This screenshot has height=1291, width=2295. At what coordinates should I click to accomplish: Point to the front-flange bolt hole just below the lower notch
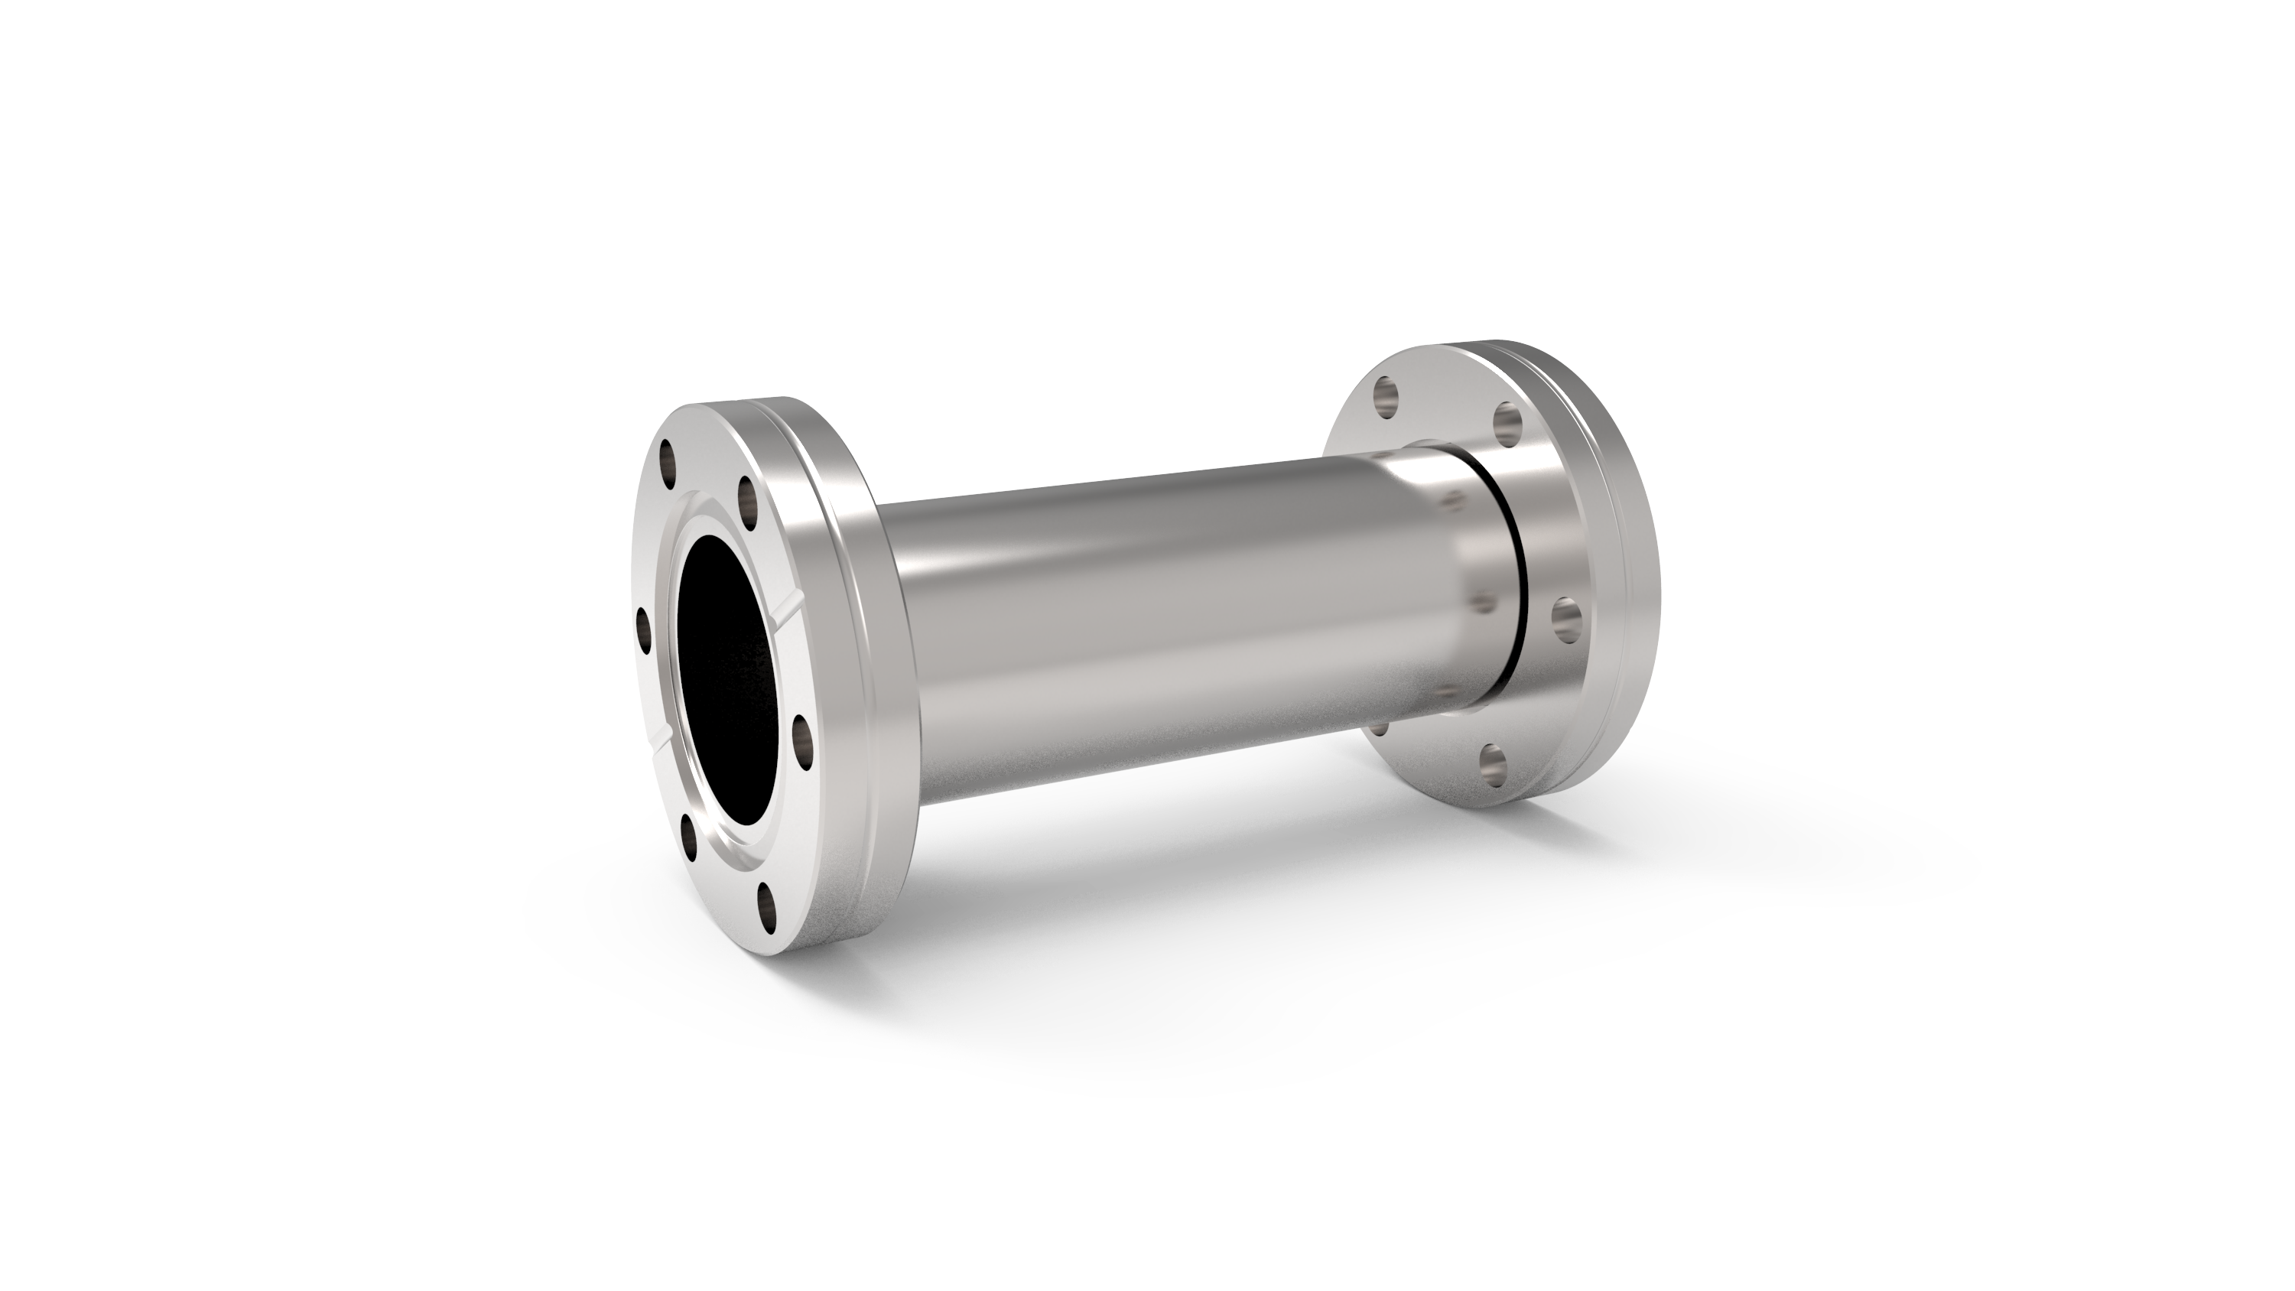coord(690,836)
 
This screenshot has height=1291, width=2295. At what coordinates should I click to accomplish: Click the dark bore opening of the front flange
coord(730,686)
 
